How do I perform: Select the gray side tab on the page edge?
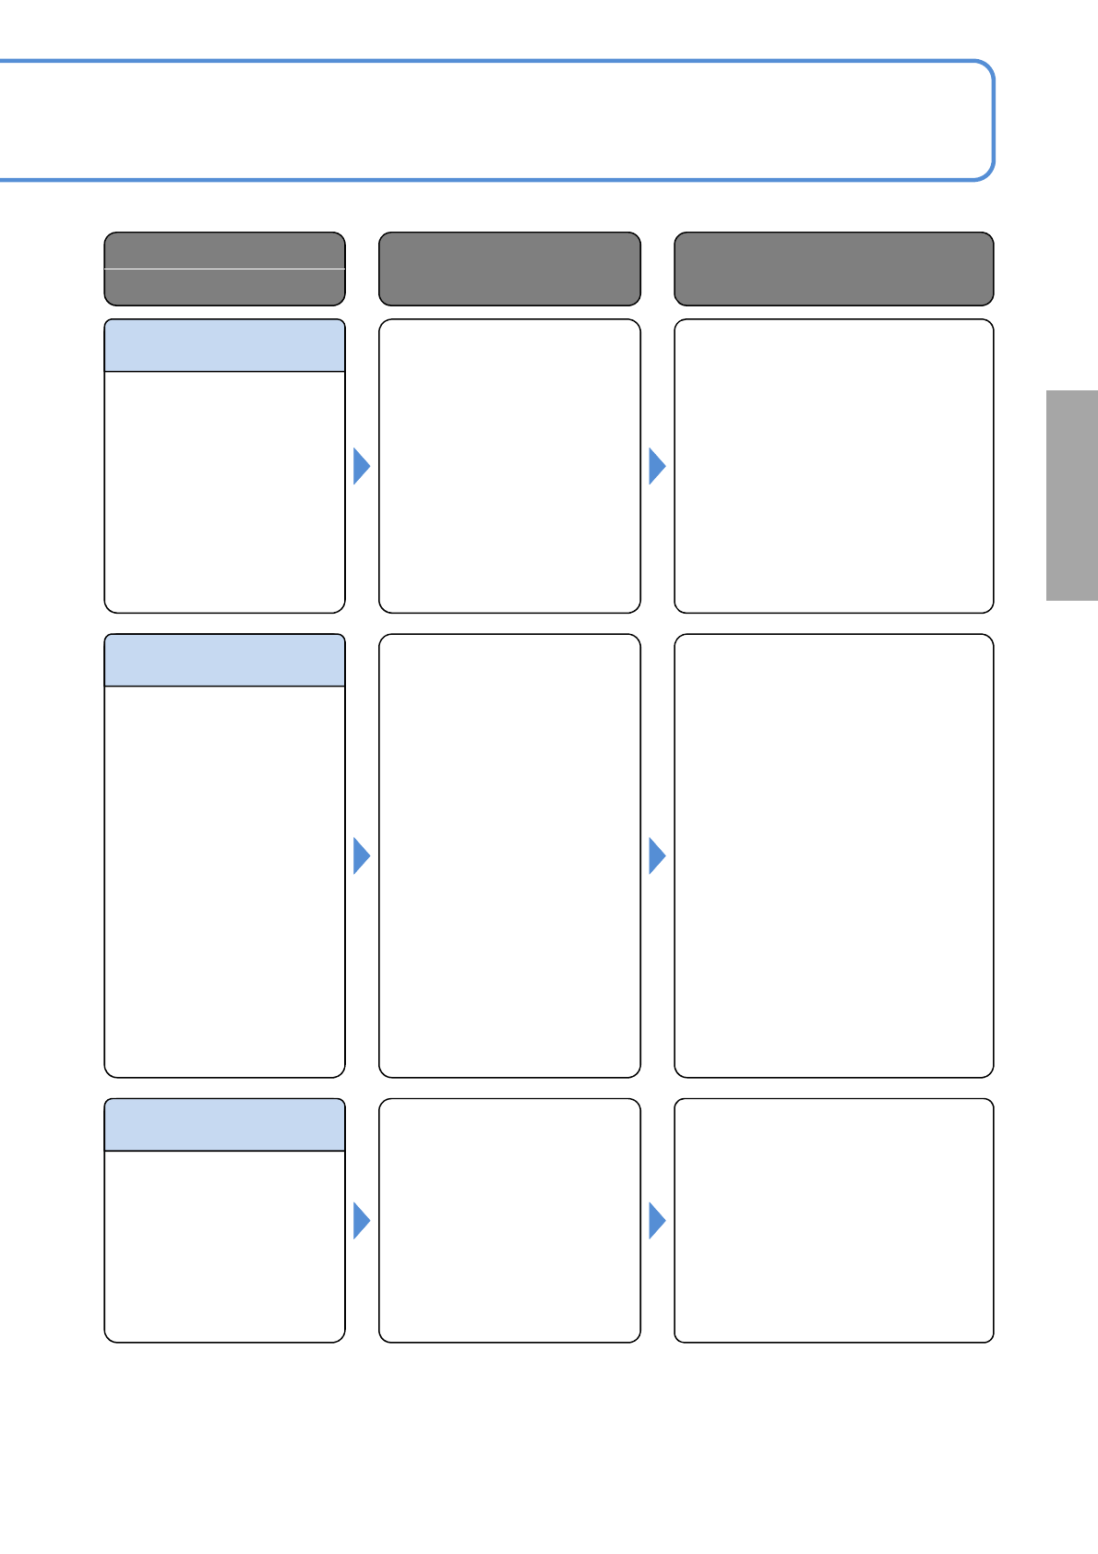(x=1071, y=496)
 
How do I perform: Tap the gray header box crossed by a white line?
(x=224, y=269)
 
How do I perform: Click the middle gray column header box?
(x=509, y=269)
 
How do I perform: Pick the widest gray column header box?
(x=833, y=269)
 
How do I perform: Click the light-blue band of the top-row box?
(x=224, y=346)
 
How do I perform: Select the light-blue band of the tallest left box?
(x=224, y=661)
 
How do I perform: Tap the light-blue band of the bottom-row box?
(x=224, y=1125)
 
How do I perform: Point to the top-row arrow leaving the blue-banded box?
(x=362, y=466)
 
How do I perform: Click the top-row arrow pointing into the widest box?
(x=657, y=466)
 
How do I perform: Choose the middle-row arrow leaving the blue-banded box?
(x=362, y=856)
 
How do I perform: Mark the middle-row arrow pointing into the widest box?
(x=657, y=856)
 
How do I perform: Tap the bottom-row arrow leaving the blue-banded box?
(x=362, y=1221)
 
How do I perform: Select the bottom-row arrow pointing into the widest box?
(x=657, y=1221)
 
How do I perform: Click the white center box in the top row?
(x=509, y=466)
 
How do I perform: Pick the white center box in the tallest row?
(x=509, y=855)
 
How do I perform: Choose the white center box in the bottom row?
(x=509, y=1220)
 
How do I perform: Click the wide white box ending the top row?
(x=833, y=466)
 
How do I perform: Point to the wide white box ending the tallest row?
(x=833, y=855)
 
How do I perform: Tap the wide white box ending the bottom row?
(x=833, y=1220)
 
